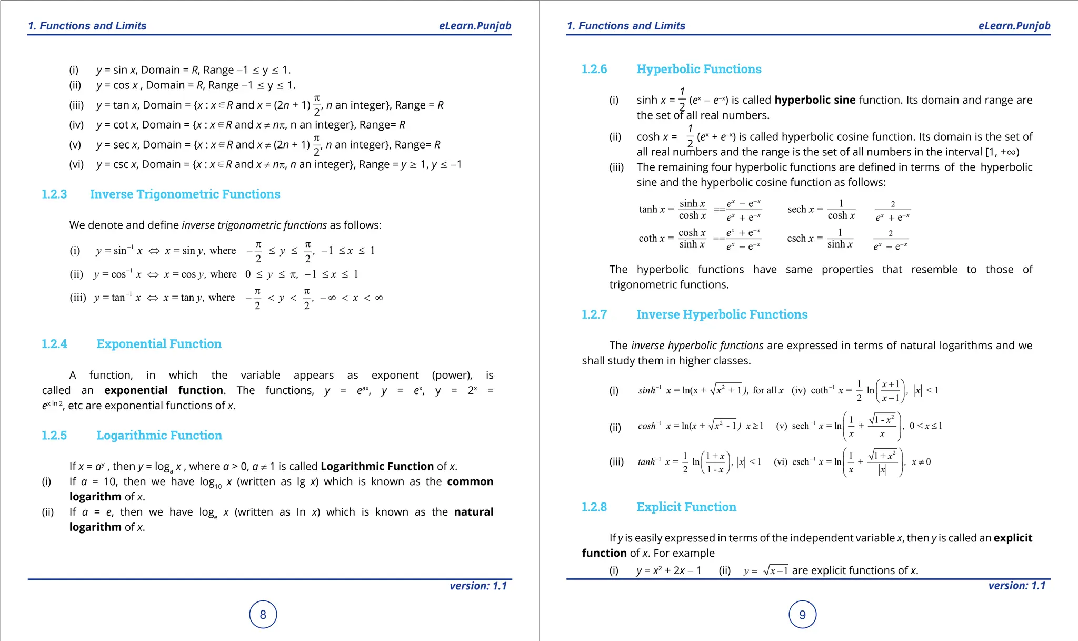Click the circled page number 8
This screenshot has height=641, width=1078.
tap(263, 615)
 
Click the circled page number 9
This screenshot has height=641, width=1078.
tap(802, 615)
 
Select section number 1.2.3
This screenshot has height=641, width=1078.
tap(54, 194)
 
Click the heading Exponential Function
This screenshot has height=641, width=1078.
tap(158, 344)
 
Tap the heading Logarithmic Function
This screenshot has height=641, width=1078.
tap(159, 436)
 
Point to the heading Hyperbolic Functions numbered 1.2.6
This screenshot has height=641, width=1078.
tap(698, 69)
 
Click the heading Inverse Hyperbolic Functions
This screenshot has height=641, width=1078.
tap(722, 314)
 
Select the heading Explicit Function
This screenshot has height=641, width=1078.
tap(686, 507)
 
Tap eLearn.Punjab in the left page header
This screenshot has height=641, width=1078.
tap(475, 26)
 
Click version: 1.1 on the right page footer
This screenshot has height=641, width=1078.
tap(1016, 586)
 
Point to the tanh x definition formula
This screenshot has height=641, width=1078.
tap(700, 210)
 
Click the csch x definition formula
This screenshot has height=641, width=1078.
tap(847, 239)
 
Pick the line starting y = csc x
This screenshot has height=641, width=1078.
tap(278, 164)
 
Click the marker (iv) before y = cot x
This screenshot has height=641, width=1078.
tap(76, 125)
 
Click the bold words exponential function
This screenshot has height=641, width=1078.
tap(164, 390)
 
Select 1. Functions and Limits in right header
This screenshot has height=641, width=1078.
tap(626, 26)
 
